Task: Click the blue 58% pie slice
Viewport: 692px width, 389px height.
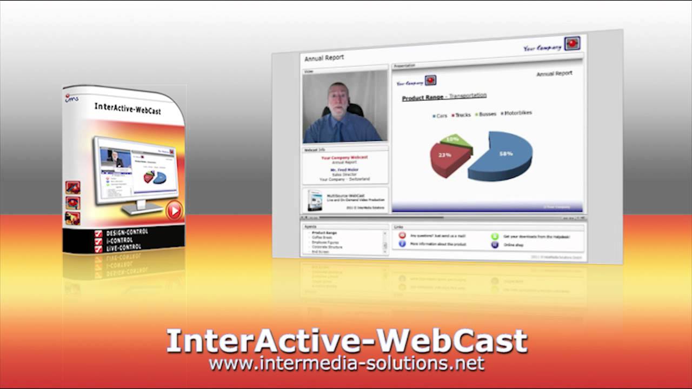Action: click(503, 157)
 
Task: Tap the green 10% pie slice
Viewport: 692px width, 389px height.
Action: click(455, 140)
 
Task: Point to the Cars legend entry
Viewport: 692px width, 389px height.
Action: click(440, 116)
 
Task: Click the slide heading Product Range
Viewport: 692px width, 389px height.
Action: click(422, 98)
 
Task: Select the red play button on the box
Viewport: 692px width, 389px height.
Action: click(174, 210)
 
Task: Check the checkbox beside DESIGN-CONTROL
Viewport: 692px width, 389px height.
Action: click(98, 234)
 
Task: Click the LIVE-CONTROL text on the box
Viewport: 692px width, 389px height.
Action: click(124, 247)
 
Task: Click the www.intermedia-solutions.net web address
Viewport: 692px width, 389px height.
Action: click(346, 364)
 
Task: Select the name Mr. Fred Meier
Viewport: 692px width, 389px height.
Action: click(344, 170)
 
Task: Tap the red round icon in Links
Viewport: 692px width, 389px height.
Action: click(402, 236)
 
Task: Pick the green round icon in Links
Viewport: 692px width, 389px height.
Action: click(494, 236)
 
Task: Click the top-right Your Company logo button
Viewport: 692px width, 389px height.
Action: click(572, 44)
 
